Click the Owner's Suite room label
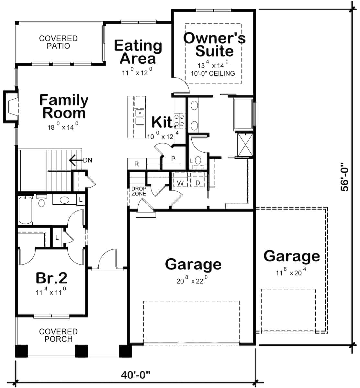[x=214, y=45]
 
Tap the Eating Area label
[x=138, y=52]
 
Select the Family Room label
[x=64, y=106]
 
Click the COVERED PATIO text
[x=58, y=42]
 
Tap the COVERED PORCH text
[x=58, y=335]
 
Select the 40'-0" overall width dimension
[x=136, y=375]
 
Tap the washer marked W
[x=180, y=183]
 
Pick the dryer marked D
[x=198, y=183]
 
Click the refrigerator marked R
[x=136, y=164]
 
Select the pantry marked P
[x=173, y=159]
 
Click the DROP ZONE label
[x=139, y=191]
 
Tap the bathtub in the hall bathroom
[x=25, y=211]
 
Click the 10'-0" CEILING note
[x=213, y=73]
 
